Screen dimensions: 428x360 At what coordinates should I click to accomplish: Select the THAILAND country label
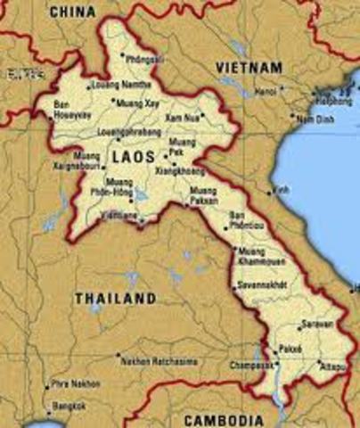tap(115, 298)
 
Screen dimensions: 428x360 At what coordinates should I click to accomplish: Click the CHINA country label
tap(73, 11)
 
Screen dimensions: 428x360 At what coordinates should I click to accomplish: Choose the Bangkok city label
tap(69, 407)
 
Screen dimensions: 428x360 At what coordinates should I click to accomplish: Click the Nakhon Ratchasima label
tap(159, 362)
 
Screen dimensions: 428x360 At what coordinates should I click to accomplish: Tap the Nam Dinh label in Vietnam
tap(315, 119)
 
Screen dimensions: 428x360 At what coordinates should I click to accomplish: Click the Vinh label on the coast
tap(282, 190)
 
